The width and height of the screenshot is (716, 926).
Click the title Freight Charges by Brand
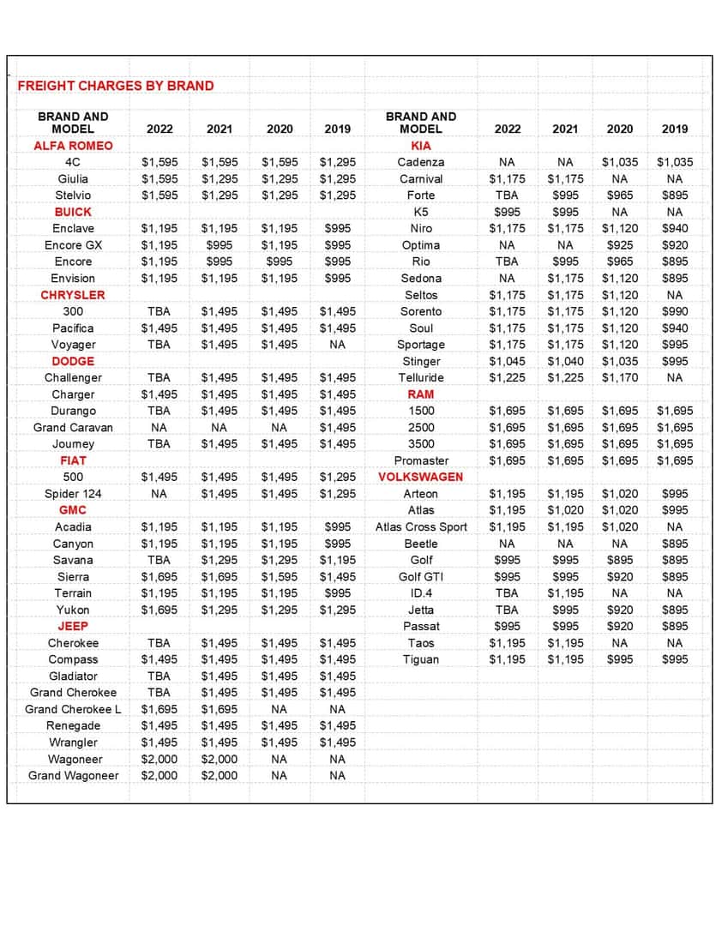(x=116, y=86)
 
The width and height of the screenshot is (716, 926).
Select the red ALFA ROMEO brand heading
(x=73, y=146)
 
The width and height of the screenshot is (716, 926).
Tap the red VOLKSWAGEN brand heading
(x=421, y=477)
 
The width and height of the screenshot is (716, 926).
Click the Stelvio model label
(x=73, y=195)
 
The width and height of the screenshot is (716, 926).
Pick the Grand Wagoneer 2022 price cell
(x=159, y=776)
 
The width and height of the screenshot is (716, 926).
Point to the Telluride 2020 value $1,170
(x=620, y=377)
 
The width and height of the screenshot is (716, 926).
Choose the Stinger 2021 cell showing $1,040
(x=565, y=361)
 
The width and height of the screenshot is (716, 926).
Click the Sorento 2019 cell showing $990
(x=675, y=311)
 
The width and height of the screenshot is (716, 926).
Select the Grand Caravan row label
(x=73, y=427)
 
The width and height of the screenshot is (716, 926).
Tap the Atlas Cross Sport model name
(x=421, y=527)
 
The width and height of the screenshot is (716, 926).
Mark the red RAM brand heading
(x=421, y=394)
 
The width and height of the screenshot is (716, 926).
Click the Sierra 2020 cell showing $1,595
(x=280, y=577)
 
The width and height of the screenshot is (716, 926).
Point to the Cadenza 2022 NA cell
(x=507, y=162)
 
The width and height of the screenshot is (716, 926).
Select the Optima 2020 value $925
(x=620, y=245)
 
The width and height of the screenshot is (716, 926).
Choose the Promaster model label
(x=421, y=460)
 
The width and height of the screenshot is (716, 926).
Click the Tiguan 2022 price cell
(x=507, y=659)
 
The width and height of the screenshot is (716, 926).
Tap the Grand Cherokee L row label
(x=73, y=709)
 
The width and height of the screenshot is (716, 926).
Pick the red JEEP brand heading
(x=73, y=626)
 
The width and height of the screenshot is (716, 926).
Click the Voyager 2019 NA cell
(x=337, y=345)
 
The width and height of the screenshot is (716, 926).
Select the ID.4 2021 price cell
(x=565, y=593)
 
